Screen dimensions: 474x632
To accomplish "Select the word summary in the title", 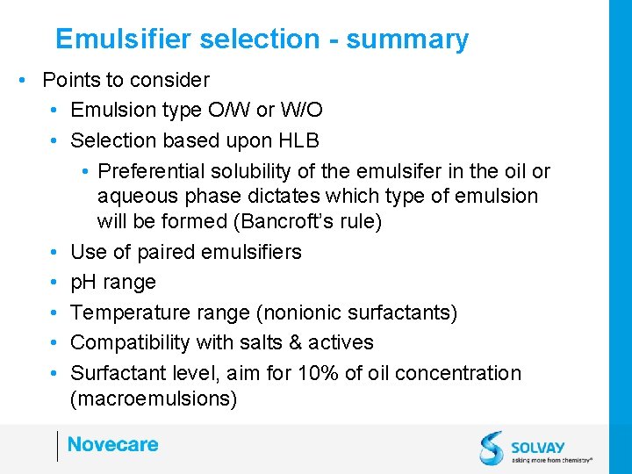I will click(x=407, y=39).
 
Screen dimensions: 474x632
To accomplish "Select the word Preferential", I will click(x=154, y=171).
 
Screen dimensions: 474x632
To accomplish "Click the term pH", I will click(x=84, y=283).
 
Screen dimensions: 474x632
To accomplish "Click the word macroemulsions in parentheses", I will click(x=154, y=399).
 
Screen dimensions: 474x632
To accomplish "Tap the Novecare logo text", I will click(x=112, y=444).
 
